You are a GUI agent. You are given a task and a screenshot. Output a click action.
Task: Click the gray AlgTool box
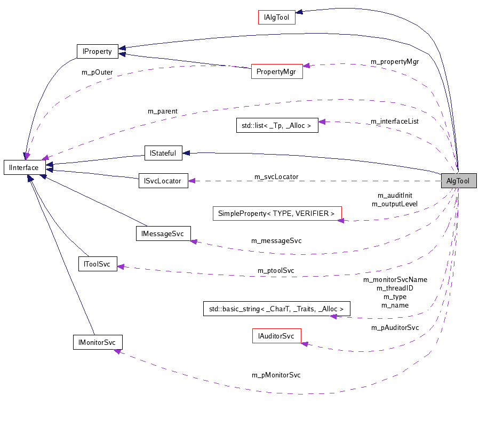click(x=458, y=181)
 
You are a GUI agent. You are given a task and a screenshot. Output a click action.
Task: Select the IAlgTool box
click(x=276, y=17)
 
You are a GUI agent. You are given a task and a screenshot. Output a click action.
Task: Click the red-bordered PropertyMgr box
click(x=276, y=71)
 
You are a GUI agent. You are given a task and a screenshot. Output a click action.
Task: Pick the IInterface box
click(x=24, y=167)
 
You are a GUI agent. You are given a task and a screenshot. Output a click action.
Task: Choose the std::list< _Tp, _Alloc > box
click(x=277, y=125)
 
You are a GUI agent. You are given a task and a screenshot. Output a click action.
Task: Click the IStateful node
click(x=163, y=152)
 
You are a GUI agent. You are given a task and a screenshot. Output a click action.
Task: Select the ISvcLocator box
click(x=163, y=181)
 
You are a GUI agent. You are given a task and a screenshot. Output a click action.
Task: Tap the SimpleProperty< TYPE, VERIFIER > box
click(x=277, y=213)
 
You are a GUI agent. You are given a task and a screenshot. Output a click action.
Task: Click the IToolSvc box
click(x=97, y=263)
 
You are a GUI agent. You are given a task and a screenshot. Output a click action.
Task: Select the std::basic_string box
click(x=277, y=309)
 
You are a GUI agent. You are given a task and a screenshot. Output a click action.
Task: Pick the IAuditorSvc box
click(x=276, y=336)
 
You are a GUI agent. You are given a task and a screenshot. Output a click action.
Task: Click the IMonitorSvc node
click(x=98, y=342)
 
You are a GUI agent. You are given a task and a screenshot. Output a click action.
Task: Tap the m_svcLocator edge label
click(x=276, y=176)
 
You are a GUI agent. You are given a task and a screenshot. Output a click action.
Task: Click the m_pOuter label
click(x=97, y=71)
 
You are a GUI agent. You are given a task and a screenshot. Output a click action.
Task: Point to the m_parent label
click(x=162, y=111)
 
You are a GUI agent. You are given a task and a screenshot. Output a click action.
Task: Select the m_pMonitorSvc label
click(x=276, y=375)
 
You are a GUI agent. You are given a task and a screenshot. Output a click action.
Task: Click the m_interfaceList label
click(x=394, y=121)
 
